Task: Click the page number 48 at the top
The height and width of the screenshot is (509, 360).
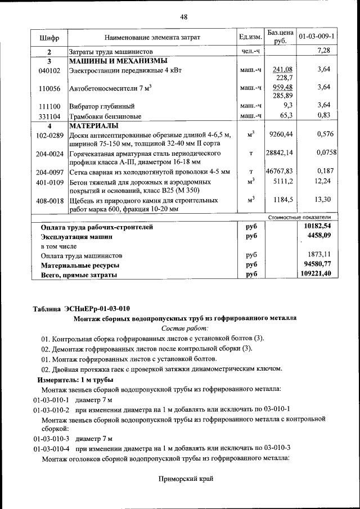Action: [183, 17]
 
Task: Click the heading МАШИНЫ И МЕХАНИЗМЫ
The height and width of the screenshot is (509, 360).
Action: [118, 61]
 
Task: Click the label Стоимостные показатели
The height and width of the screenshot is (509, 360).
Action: [299, 217]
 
